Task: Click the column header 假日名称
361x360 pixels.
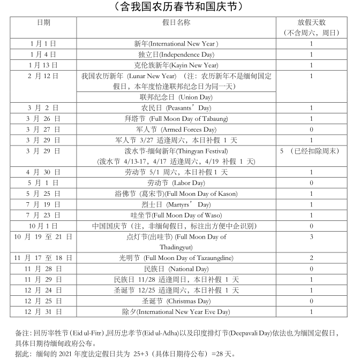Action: pos(176,22)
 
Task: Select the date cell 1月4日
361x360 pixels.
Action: pos(43,55)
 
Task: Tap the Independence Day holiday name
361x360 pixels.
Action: pos(176,55)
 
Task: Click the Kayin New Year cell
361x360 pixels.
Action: pos(176,65)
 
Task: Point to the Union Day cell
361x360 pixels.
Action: pos(176,97)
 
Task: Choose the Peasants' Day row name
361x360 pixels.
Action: pos(176,108)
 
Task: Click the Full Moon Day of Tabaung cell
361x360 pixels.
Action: pos(176,119)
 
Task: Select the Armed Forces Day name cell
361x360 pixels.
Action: pos(176,129)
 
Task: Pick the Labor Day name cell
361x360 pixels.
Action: pos(176,183)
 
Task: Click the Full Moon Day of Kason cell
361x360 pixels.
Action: pos(176,194)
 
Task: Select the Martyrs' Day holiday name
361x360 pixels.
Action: pos(176,204)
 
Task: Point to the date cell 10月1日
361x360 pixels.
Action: pos(43,226)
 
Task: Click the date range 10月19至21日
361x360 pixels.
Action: pos(43,236)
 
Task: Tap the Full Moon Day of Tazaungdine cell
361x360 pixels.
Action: pos(176,258)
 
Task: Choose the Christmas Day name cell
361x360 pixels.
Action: pos(176,301)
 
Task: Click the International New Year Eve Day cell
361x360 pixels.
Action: pos(176,311)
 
